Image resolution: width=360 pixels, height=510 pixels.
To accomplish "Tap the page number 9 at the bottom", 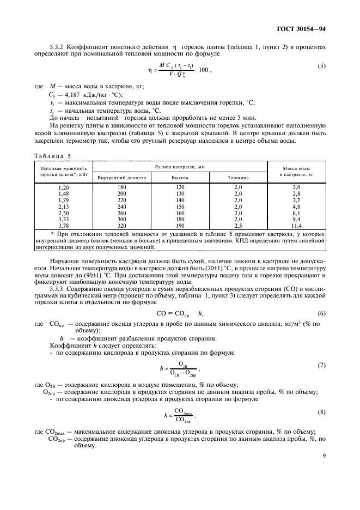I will [x=324, y=465].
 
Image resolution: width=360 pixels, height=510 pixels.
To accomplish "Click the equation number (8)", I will [x=321, y=412].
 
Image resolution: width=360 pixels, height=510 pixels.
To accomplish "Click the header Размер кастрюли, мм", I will [x=179, y=166].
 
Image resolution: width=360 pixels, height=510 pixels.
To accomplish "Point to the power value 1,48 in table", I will [x=63, y=193].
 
